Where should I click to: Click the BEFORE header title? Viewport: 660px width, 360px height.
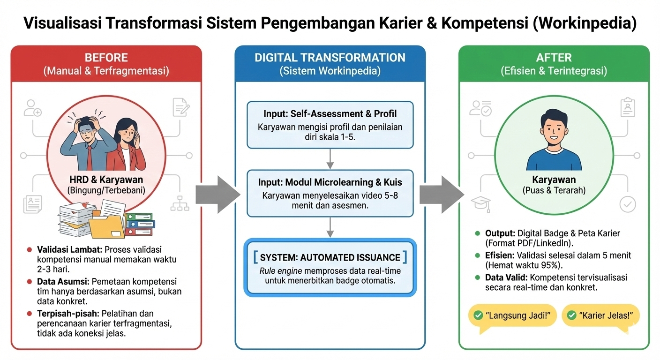106,58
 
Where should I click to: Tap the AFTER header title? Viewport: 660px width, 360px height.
554,58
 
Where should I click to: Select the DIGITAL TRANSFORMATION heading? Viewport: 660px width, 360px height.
330,58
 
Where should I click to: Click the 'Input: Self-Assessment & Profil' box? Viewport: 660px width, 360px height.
330,124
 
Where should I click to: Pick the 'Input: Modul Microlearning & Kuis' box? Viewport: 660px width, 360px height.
330,193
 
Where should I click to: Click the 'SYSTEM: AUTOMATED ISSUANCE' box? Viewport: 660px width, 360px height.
330,268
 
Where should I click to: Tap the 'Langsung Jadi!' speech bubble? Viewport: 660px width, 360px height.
512,315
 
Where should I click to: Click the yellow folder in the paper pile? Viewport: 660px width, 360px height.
106,224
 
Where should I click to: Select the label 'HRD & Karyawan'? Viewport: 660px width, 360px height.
106,180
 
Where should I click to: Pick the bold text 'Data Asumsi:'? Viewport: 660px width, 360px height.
63,282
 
